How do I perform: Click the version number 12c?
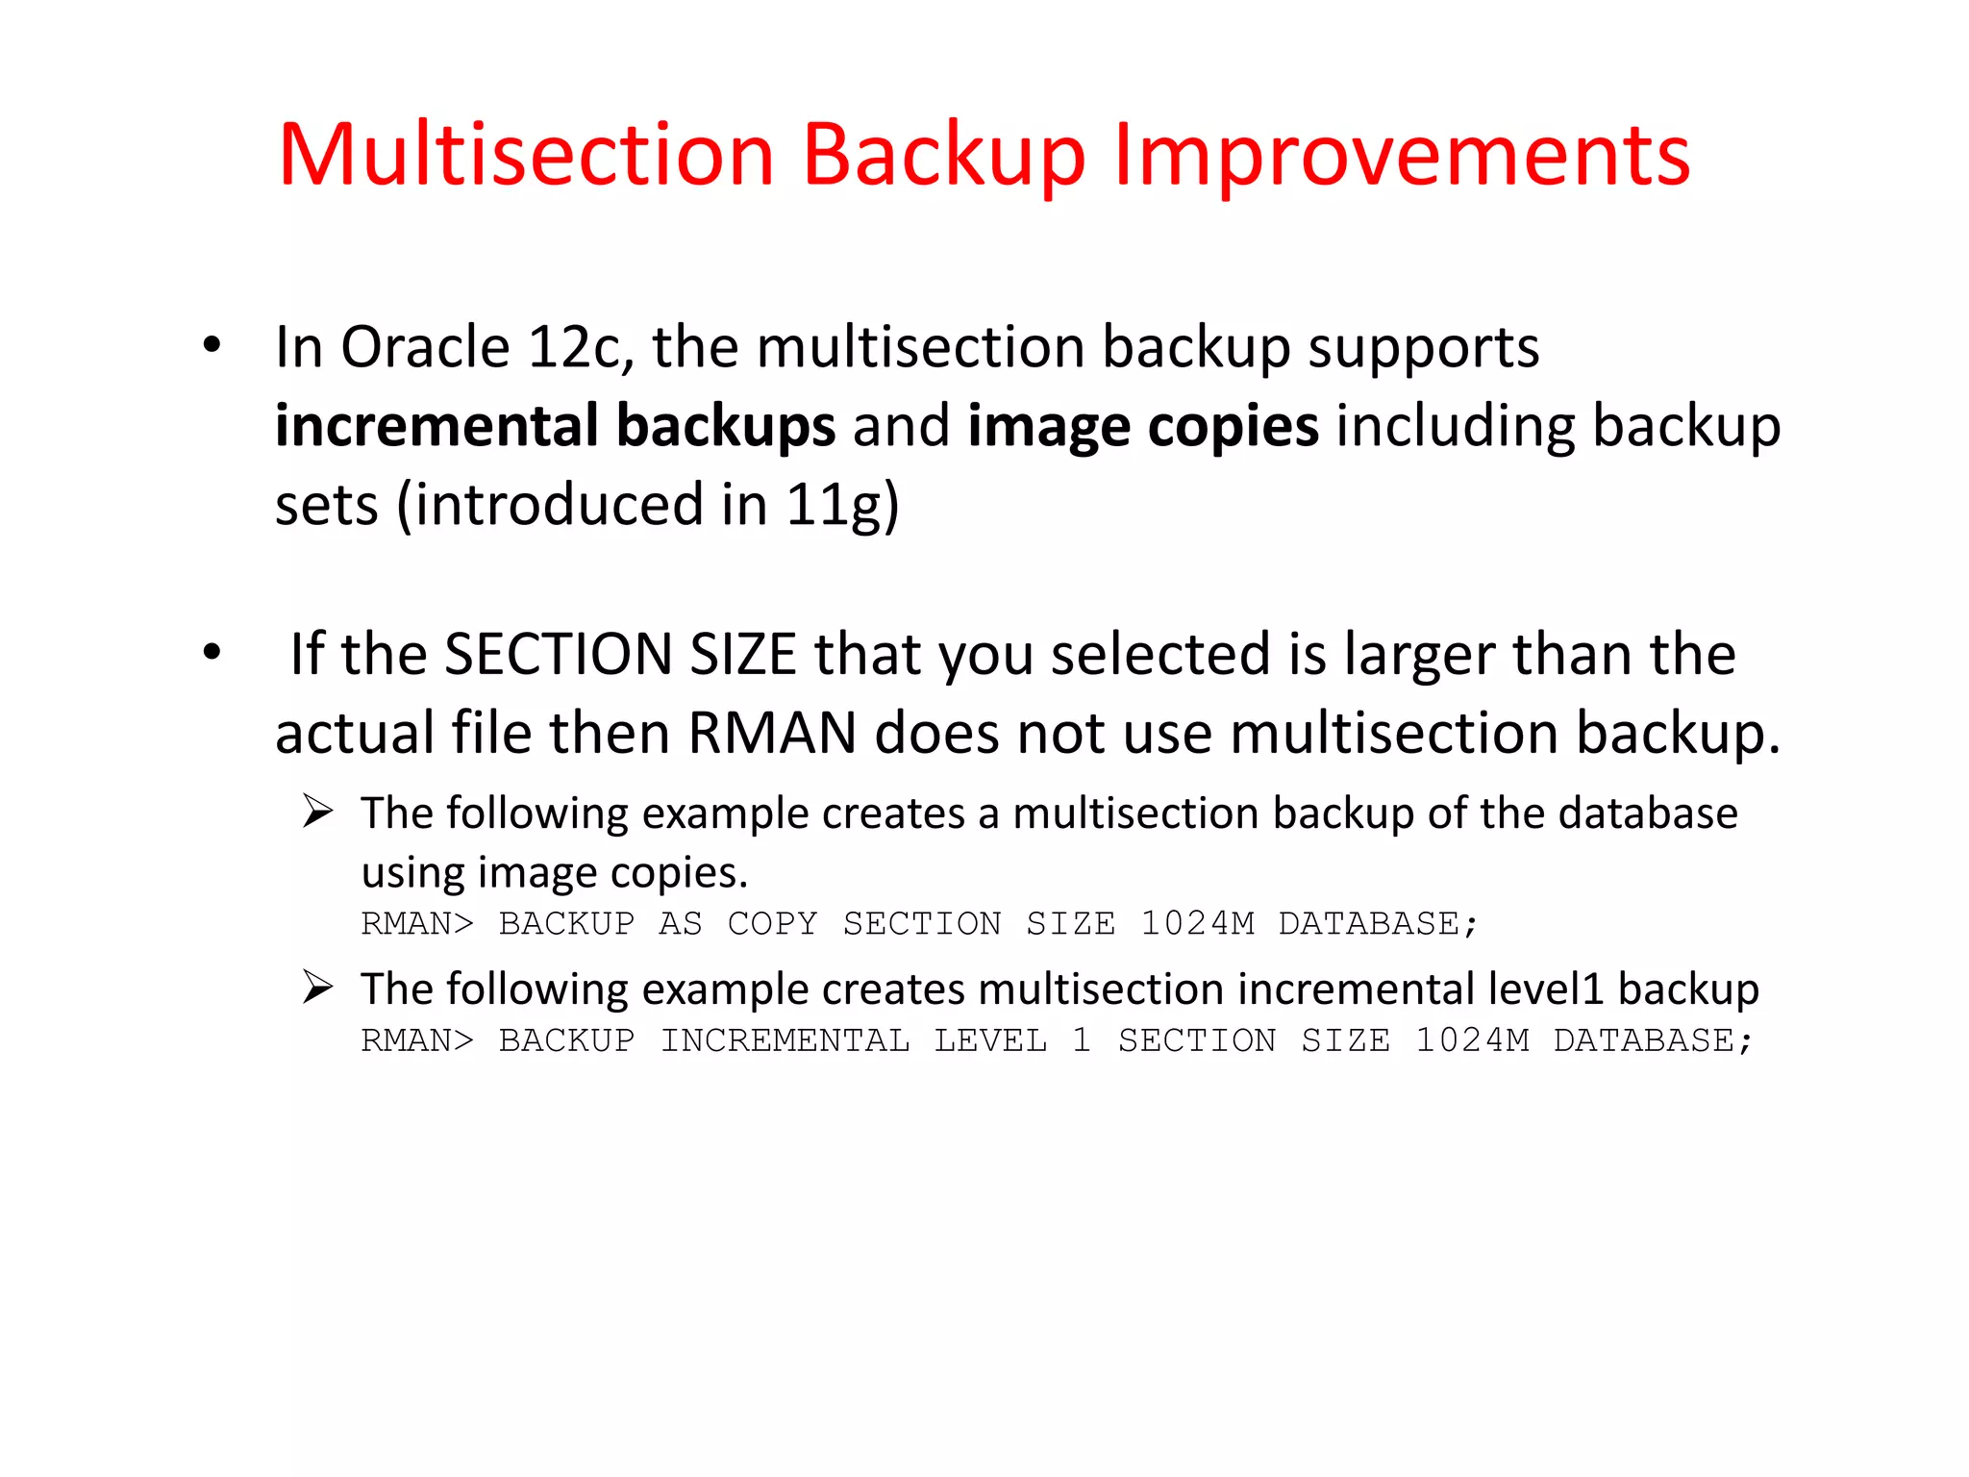click(x=581, y=349)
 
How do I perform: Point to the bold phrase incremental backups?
click(x=555, y=426)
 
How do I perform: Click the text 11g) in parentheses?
click(x=842, y=506)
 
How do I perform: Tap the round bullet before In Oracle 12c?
click(x=212, y=345)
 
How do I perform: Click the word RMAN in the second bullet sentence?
click(x=772, y=734)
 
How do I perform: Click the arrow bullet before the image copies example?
click(x=317, y=812)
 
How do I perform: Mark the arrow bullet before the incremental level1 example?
click(x=317, y=988)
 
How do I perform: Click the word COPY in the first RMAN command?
click(x=772, y=924)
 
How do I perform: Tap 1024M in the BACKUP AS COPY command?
click(x=1197, y=924)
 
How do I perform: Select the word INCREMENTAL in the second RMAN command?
click(x=785, y=1041)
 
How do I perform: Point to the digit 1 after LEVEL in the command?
click(x=1082, y=1041)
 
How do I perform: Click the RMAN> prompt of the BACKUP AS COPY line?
click(x=417, y=924)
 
